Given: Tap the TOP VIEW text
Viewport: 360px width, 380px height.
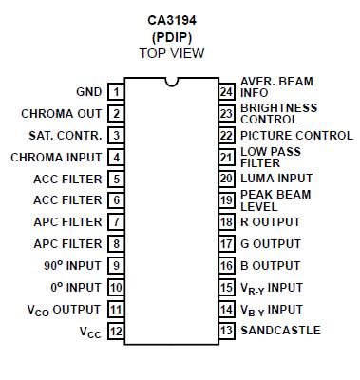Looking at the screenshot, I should [172, 53].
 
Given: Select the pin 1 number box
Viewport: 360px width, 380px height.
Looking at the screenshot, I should [115, 92].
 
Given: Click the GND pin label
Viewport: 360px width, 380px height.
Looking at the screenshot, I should [88, 92].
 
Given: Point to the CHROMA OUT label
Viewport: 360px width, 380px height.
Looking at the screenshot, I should [61, 114].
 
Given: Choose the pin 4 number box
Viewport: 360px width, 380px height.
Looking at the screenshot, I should [115, 157].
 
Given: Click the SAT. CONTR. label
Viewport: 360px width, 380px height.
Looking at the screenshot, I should [65, 136].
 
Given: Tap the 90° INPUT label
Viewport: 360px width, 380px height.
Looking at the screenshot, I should [71, 266].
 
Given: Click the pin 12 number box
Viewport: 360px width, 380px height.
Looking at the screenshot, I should [115, 332].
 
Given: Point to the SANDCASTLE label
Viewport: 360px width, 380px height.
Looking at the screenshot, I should [280, 331].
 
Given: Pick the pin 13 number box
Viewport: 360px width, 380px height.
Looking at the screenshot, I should [226, 332].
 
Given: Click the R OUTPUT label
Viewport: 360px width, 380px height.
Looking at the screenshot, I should [270, 222].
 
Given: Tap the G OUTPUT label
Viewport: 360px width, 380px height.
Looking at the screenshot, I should [270, 244].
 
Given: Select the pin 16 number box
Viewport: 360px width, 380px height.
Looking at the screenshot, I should [226, 266].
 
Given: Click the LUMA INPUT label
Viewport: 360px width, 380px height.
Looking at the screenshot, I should [275, 179].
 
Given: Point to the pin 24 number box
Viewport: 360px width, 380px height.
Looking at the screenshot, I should [226, 92].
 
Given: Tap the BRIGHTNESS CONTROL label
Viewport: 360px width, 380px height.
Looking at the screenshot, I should [278, 114].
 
